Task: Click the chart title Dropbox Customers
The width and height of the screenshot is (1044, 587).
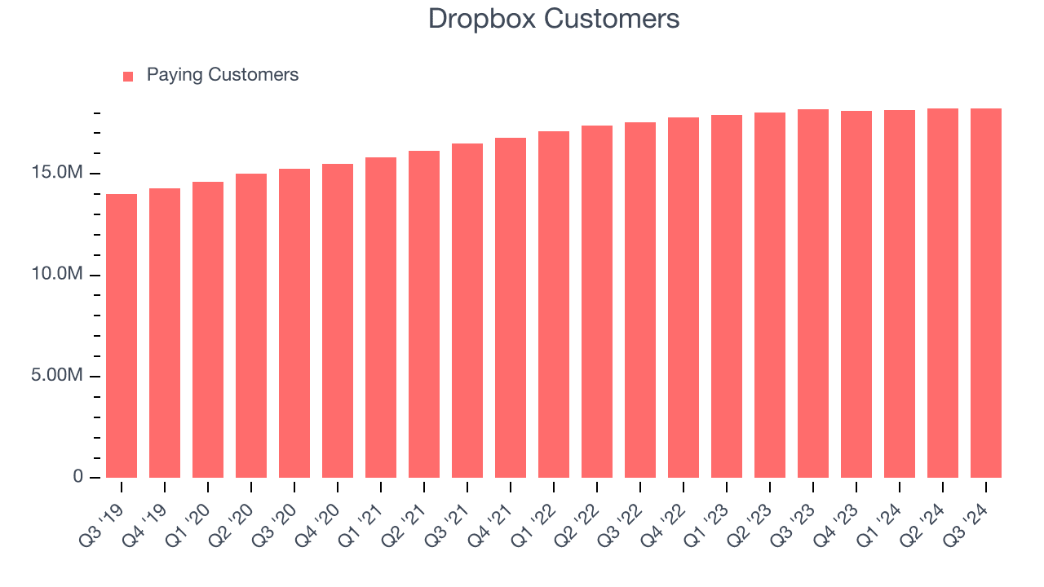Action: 554,19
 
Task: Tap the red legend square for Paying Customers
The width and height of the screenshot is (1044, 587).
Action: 128,76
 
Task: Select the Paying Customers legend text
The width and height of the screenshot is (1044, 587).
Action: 223,75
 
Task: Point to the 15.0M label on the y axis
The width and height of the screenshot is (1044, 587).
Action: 58,174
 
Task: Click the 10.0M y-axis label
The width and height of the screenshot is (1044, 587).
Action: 58,275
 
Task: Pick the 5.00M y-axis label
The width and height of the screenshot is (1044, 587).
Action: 58,376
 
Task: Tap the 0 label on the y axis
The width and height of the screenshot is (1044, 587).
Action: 78,477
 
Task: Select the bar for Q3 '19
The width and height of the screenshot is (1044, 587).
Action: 122,336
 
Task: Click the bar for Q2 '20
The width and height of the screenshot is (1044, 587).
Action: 251,326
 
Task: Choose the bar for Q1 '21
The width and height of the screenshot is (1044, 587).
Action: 381,318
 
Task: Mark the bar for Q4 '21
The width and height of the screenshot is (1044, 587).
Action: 511,308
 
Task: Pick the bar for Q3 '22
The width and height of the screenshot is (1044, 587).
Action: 640,300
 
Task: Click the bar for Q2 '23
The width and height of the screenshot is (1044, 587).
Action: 770,295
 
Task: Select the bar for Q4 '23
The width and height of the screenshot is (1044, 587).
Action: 856,294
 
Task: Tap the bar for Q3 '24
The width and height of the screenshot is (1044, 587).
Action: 986,293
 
